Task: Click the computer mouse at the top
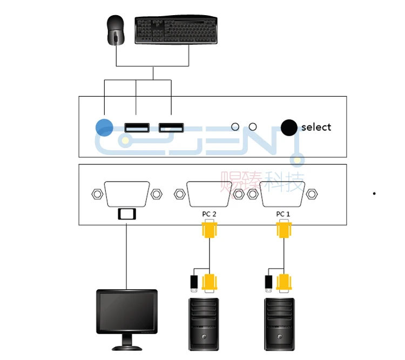[x=116, y=30]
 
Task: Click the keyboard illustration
[x=176, y=30]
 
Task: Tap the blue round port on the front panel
[x=104, y=127]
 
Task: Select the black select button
[x=289, y=128]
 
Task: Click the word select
[x=316, y=127]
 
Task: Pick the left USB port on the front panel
[x=137, y=128]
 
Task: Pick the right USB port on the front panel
[x=171, y=128]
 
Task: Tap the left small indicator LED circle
[x=235, y=126]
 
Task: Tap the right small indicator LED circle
[x=253, y=126]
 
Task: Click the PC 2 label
[x=209, y=214]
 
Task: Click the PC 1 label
[x=283, y=214]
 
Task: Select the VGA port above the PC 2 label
[x=208, y=194]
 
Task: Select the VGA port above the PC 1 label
[x=282, y=194]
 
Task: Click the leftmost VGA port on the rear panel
[x=127, y=194]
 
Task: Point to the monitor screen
[x=127, y=312]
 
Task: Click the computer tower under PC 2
[x=204, y=324]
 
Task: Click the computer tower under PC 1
[x=279, y=324]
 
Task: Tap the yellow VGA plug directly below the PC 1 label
[x=284, y=229]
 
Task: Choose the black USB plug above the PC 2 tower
[x=194, y=283]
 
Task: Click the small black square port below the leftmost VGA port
[x=127, y=214]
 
